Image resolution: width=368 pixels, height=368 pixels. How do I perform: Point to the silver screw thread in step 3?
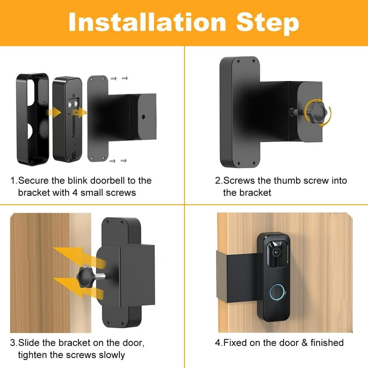pyautogui.click(x=103, y=276)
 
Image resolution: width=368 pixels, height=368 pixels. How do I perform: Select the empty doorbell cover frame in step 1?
pyautogui.click(x=32, y=118)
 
